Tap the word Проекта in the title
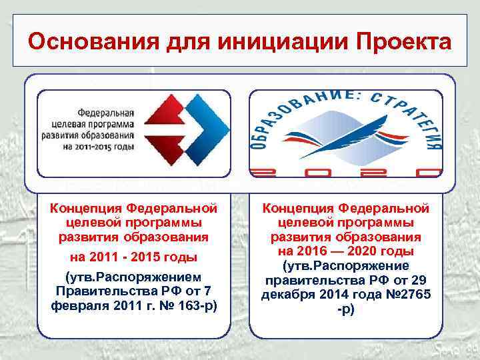point(398,42)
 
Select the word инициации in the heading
point(267,42)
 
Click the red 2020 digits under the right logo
point(345,171)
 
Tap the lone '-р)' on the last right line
point(345,309)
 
